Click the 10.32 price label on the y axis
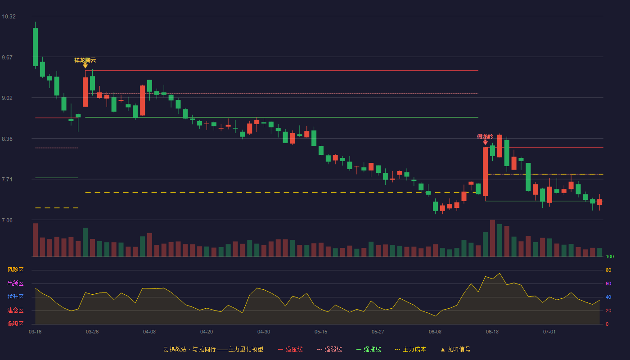[x=9, y=17]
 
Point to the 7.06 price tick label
[x=7, y=220]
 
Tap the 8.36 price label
[x=7, y=139]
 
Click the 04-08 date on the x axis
[x=149, y=332]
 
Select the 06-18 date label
[x=492, y=332]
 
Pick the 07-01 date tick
[x=549, y=332]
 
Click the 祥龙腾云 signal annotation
[x=85, y=60]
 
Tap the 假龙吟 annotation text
[x=485, y=137]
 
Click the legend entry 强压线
[x=291, y=349]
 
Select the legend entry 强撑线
[x=369, y=349]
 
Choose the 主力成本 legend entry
[x=410, y=349]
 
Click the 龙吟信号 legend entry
[x=455, y=349]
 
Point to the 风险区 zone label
[x=15, y=270]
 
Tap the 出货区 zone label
[x=15, y=283]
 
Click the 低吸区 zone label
[x=15, y=324]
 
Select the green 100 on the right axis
[x=610, y=256]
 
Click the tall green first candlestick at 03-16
[x=35, y=47]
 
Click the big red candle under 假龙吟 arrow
[x=486, y=171]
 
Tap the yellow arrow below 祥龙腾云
[x=85, y=66]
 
